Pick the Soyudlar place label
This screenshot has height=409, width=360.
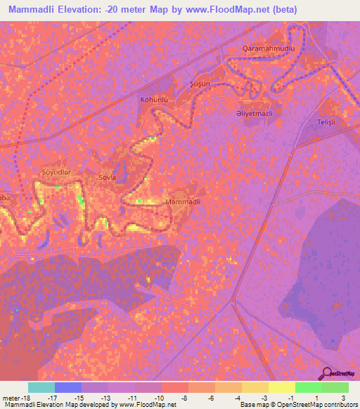pos(58,172)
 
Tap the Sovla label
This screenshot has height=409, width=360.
pos(107,177)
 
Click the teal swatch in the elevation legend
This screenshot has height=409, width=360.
pos(41,387)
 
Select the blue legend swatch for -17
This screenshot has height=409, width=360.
pos(68,387)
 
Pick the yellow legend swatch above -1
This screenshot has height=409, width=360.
pos(282,387)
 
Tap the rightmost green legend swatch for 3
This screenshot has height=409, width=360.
pos(335,387)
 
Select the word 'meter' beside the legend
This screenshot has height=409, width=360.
pos(9,397)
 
